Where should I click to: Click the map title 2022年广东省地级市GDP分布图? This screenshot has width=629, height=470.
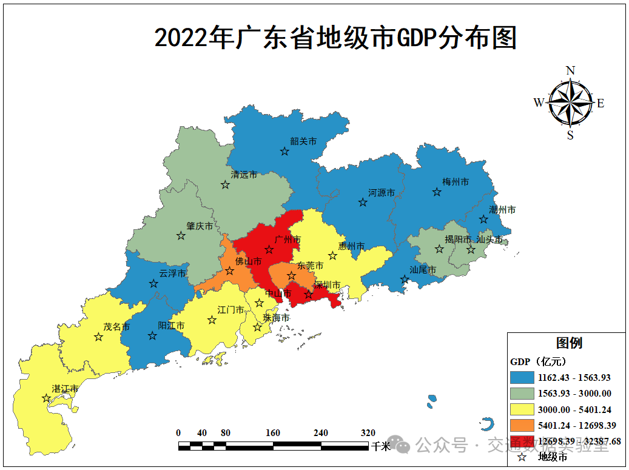[x=335, y=38]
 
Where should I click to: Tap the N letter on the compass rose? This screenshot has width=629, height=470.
[x=570, y=70]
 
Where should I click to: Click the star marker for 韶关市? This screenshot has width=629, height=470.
[x=284, y=152]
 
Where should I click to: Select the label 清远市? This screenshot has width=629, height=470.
[x=244, y=175]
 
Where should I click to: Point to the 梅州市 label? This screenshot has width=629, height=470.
[x=456, y=182]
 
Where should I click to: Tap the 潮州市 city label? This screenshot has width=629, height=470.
[x=503, y=210]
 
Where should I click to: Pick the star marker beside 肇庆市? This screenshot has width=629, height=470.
[x=181, y=236]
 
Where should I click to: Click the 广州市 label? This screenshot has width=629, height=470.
[x=288, y=240]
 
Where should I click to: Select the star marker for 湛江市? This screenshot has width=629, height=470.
[x=46, y=398]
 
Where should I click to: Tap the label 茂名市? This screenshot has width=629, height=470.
[x=116, y=326]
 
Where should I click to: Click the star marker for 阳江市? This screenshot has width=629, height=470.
[x=152, y=336]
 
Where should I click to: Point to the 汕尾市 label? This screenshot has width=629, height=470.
[x=423, y=270]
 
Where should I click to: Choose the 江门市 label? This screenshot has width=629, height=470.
[x=231, y=310]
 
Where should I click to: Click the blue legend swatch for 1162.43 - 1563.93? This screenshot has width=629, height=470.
[x=522, y=377]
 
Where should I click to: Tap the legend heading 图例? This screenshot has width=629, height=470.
[x=569, y=343]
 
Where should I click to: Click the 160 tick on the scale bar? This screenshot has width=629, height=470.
[x=273, y=433]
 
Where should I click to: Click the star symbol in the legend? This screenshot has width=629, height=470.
[x=521, y=457]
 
